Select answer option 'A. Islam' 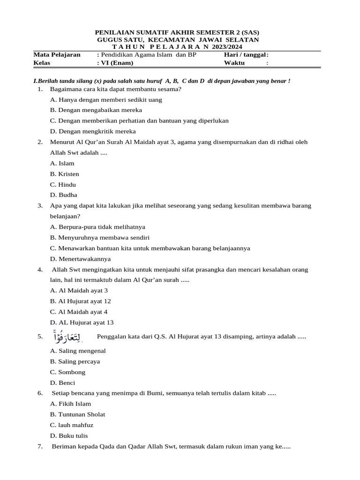point(62,163)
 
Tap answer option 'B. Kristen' point(64,174)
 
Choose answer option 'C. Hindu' point(63,185)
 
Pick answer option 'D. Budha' point(63,195)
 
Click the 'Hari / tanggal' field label point(246,55)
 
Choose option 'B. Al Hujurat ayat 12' point(80,301)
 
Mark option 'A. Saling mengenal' point(78,351)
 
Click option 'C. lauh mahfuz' point(72,425)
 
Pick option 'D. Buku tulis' point(68,435)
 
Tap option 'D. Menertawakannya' point(80,259)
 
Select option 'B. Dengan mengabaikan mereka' point(96,110)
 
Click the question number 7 point(40,447)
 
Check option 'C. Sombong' point(67,372)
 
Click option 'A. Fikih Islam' point(70,404)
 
